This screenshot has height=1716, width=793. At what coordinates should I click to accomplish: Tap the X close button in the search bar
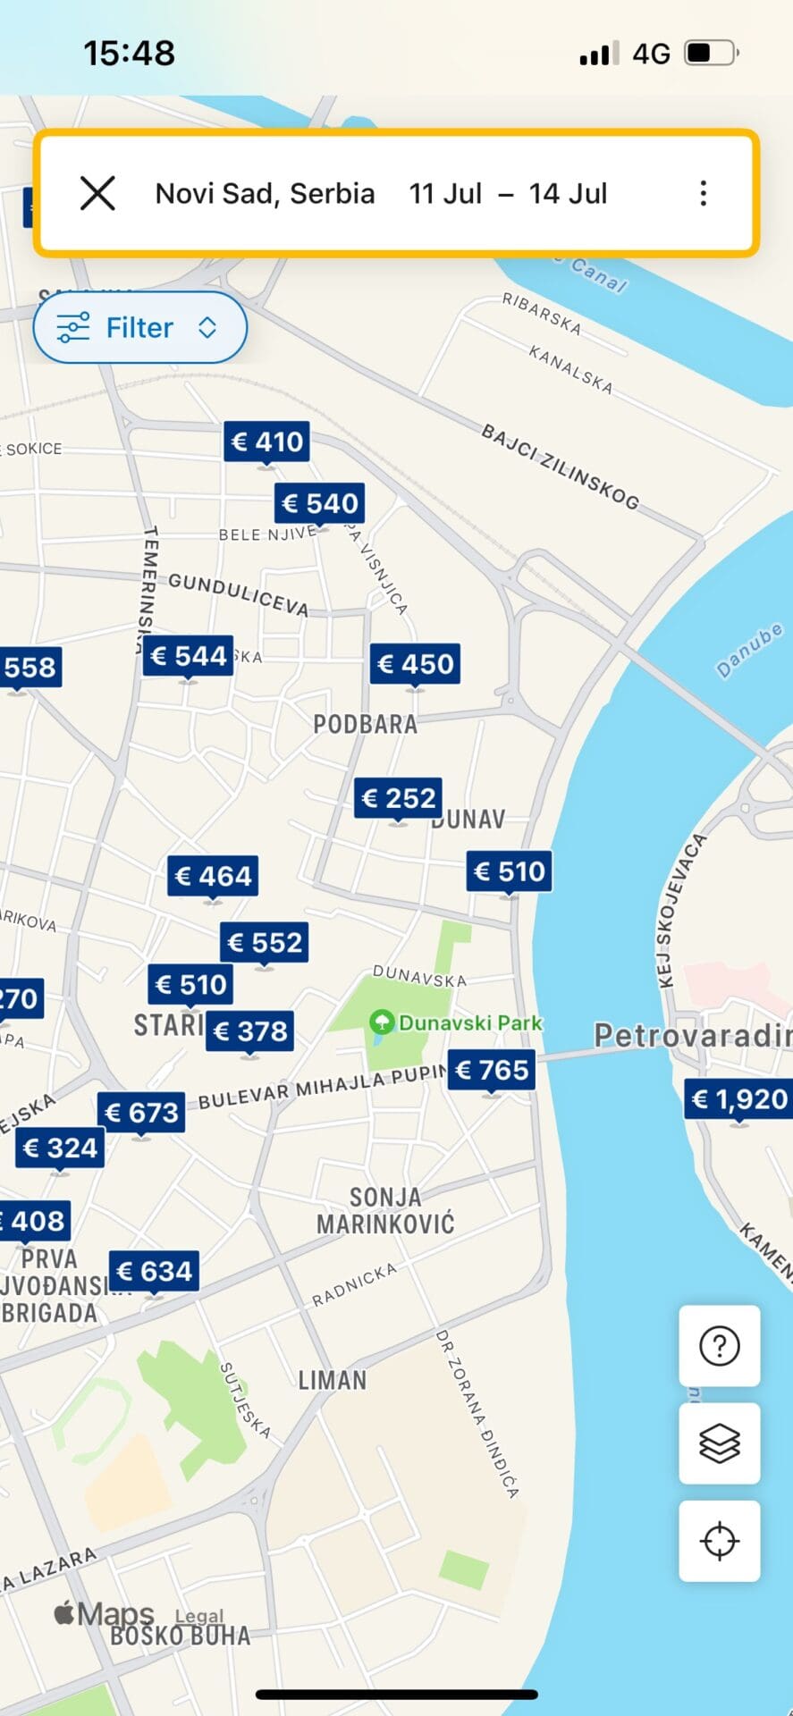click(x=97, y=193)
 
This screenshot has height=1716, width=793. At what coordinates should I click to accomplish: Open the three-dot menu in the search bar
click(x=704, y=193)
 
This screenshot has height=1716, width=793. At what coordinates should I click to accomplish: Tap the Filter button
click(x=139, y=328)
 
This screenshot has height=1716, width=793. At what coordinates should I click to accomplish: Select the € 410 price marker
click(x=266, y=442)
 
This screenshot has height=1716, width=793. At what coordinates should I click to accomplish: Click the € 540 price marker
click(x=319, y=504)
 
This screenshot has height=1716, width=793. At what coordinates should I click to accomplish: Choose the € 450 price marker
click(x=415, y=664)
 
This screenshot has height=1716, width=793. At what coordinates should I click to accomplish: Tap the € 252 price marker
click(x=398, y=797)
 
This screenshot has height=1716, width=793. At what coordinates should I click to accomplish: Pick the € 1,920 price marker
click(x=738, y=1099)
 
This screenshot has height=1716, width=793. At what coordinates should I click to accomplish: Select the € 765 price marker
click(x=491, y=1070)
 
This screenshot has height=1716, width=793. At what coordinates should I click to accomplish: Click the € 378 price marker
click(x=250, y=1031)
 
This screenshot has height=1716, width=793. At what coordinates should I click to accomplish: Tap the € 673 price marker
click(x=141, y=1113)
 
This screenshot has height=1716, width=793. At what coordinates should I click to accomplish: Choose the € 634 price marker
click(x=154, y=1271)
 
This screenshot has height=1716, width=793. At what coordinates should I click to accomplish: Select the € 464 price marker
click(x=213, y=876)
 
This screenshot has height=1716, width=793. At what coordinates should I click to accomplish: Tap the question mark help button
click(x=719, y=1346)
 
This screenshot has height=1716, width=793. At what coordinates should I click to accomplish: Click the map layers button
click(x=719, y=1443)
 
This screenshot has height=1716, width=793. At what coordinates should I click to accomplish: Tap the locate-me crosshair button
click(x=719, y=1541)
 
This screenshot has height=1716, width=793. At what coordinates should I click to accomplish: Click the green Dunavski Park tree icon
click(x=382, y=1022)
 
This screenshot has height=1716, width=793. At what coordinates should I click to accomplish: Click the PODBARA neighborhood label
click(x=365, y=724)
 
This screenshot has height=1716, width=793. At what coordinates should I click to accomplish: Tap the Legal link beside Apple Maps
click(x=198, y=1616)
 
